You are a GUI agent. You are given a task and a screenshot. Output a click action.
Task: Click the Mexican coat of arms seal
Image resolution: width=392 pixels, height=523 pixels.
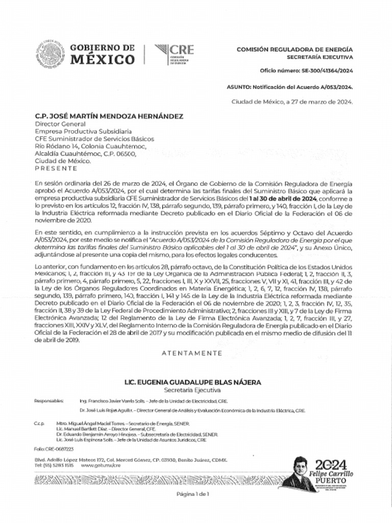[x=50, y=54]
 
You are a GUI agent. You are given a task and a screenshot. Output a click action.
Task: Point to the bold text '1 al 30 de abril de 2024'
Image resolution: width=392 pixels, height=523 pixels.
[x=284, y=198]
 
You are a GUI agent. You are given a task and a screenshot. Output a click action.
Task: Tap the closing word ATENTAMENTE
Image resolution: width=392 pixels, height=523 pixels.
[x=192, y=353]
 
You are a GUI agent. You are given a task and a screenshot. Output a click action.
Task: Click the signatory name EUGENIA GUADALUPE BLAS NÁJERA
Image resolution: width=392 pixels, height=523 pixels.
[x=193, y=382]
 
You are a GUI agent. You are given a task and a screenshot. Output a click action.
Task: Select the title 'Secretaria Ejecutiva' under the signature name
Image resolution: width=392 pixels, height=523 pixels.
[x=193, y=390]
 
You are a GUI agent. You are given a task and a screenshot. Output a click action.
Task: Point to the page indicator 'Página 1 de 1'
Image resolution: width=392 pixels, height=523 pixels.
[x=193, y=494]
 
